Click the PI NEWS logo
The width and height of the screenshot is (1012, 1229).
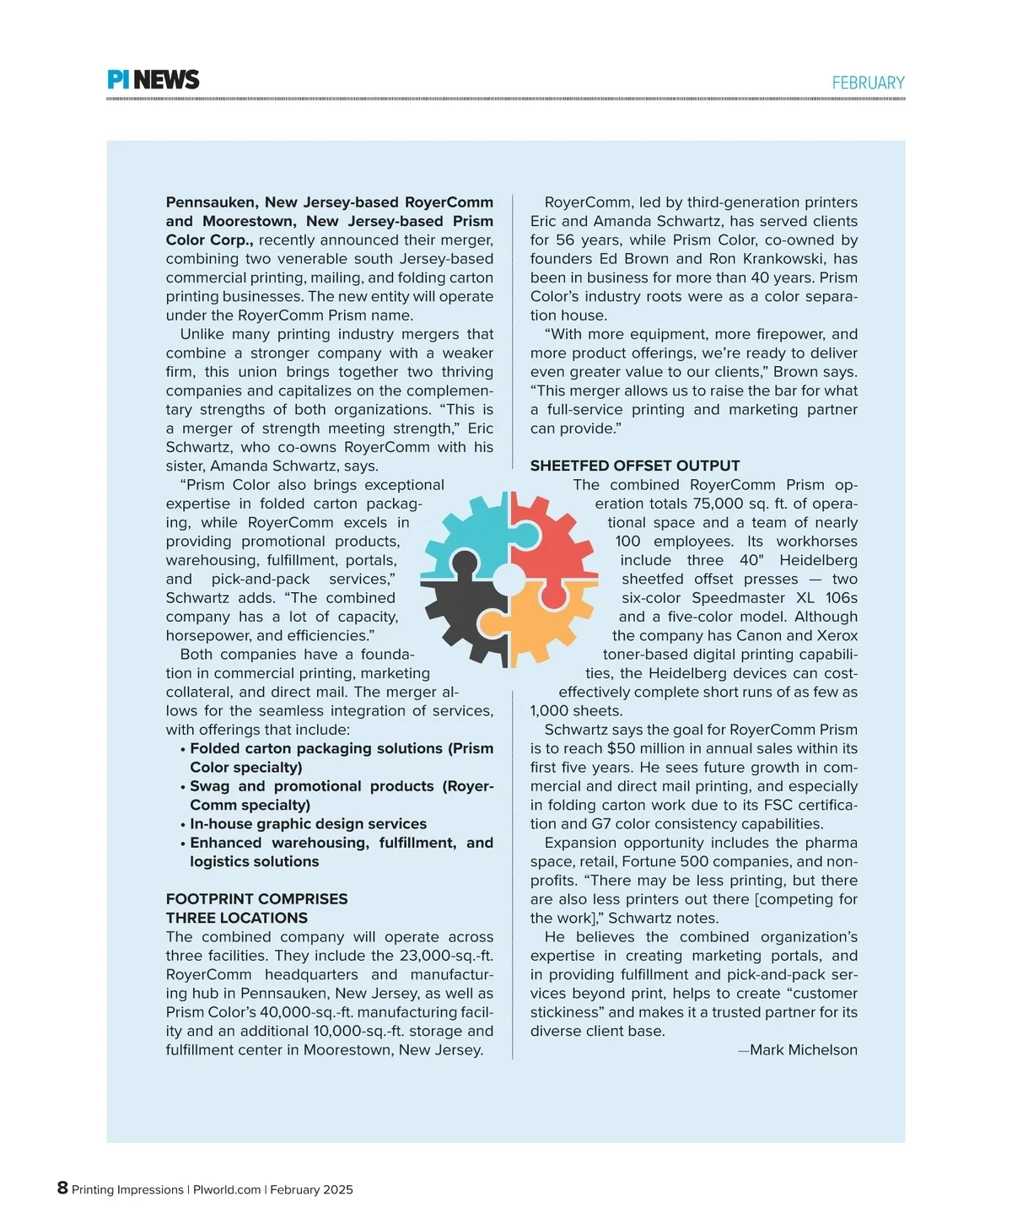click(153, 80)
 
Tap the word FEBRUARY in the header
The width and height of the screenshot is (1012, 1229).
click(868, 83)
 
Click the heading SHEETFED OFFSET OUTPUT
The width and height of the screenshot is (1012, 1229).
click(635, 466)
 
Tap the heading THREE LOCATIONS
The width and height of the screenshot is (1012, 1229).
click(236, 918)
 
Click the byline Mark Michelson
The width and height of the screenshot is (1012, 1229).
click(803, 1050)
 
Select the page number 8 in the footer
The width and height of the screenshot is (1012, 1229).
click(62, 1188)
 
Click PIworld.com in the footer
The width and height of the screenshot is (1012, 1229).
click(227, 1190)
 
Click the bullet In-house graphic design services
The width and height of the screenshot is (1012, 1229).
click(308, 824)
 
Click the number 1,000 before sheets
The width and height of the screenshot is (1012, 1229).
click(549, 711)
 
